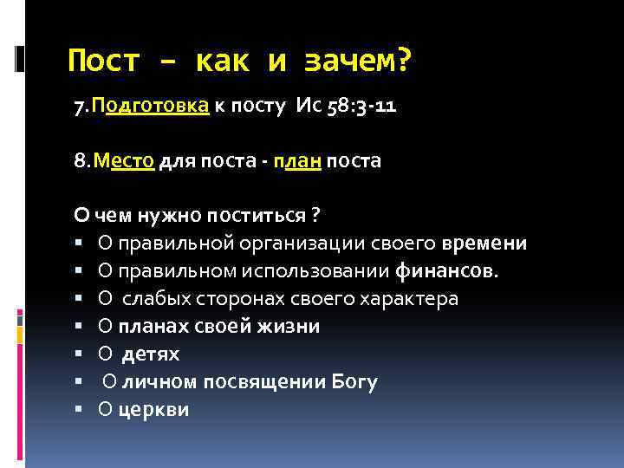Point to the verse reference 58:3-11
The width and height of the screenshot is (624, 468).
click(x=360, y=107)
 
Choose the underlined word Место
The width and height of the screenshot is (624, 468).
click(x=126, y=162)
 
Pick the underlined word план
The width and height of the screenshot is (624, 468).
click(x=296, y=162)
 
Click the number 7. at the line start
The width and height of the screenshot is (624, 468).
click(x=83, y=107)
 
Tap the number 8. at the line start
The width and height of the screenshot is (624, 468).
click(x=83, y=162)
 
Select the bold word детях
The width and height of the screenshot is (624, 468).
click(x=151, y=354)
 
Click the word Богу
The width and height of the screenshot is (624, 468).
click(x=354, y=382)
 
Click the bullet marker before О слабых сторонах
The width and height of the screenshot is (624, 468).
click(x=79, y=299)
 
